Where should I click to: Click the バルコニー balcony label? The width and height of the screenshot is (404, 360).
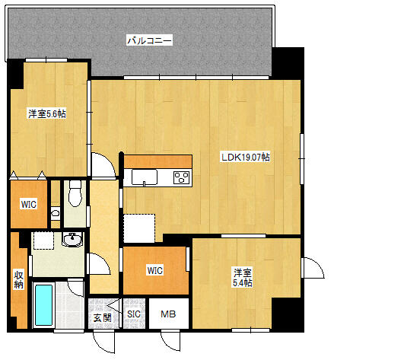point(149,40)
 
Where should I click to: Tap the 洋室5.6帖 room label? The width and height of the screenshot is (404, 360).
point(47,113)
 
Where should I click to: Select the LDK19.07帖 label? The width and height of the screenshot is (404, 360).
point(246,157)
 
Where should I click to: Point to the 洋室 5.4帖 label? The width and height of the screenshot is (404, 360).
point(243,278)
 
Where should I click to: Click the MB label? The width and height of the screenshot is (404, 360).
point(168,314)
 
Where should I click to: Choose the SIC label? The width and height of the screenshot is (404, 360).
point(134,314)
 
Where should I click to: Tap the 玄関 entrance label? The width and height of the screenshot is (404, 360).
point(103,317)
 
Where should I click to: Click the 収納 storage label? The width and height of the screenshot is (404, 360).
point(18,279)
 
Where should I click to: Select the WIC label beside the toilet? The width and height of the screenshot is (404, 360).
point(29,204)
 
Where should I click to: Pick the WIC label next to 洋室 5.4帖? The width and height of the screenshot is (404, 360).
point(155,271)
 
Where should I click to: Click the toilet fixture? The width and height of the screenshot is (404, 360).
point(75,193)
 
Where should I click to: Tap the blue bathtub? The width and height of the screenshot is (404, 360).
point(44,305)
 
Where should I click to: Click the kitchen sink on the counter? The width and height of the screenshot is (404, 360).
point(145,177)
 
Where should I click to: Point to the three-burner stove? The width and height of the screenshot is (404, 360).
point(181,177)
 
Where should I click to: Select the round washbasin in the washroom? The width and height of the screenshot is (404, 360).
point(72,240)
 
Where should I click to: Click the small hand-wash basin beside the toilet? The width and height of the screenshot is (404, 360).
point(55,213)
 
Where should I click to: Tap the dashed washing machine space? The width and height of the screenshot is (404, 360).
point(44,241)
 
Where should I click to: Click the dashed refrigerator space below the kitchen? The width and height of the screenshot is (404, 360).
point(139,228)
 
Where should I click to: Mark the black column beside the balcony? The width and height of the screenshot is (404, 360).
point(288,63)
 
